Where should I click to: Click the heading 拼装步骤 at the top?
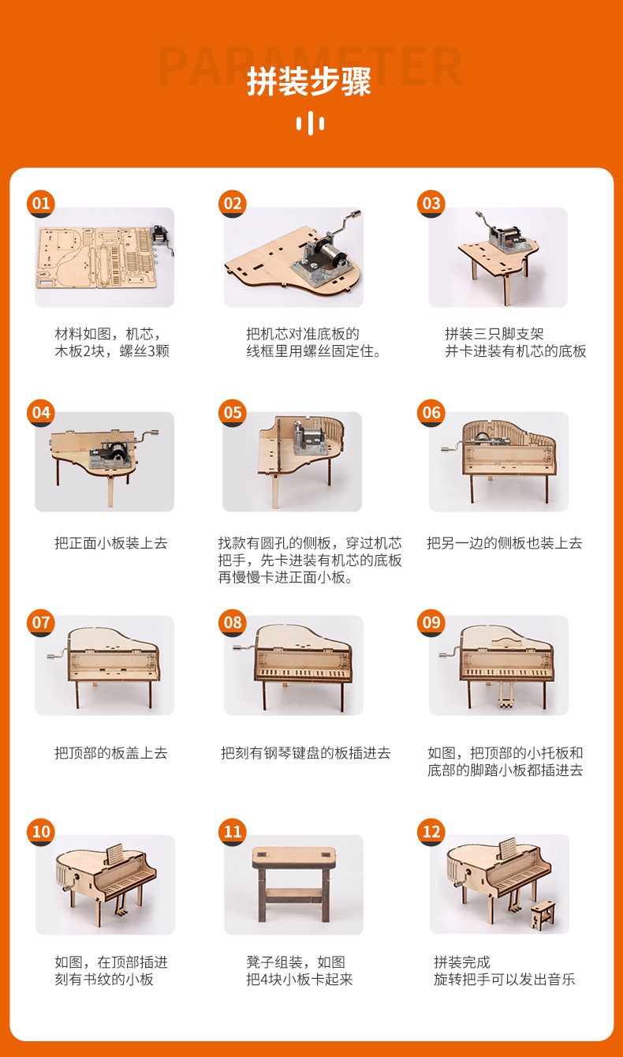tap(309, 82)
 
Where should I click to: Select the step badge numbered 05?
tap(233, 413)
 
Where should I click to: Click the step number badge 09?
tap(431, 622)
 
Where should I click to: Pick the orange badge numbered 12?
tap(431, 831)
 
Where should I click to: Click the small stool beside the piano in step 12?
tap(543, 915)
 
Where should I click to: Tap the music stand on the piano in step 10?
tap(115, 854)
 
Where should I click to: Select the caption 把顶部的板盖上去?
tap(110, 753)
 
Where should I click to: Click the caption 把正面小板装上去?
tap(110, 543)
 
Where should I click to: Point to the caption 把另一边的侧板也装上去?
tap(504, 543)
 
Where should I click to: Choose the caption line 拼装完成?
tap(462, 962)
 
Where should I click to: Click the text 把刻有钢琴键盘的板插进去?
tap(305, 753)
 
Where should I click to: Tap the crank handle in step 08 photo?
tap(237, 648)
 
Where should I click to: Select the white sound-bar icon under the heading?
tap(310, 123)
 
